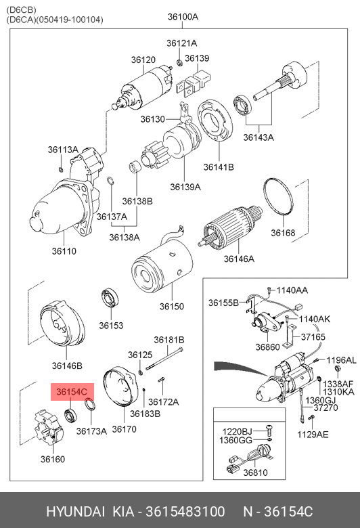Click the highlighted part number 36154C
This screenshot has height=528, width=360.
tap(72, 392)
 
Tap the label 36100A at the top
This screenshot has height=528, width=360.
tap(183, 16)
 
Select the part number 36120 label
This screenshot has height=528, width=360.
tap(143, 60)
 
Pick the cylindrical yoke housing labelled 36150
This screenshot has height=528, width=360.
tap(162, 267)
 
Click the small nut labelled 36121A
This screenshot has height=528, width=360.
tap(179, 62)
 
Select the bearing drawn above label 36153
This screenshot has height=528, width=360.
tap(110, 298)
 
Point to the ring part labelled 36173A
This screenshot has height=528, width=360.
tap(89, 404)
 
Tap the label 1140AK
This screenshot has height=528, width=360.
tap(315, 319)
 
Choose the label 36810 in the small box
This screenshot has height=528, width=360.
tap(255, 472)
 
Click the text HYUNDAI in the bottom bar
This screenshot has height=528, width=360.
tap(75, 512)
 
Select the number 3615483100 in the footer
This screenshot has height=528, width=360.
tap(185, 512)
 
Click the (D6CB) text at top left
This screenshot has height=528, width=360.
tap(21, 10)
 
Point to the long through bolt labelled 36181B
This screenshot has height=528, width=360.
tap(165, 359)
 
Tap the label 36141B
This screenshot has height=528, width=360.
tap(219, 167)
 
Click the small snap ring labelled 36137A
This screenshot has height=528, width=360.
tap(111, 181)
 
